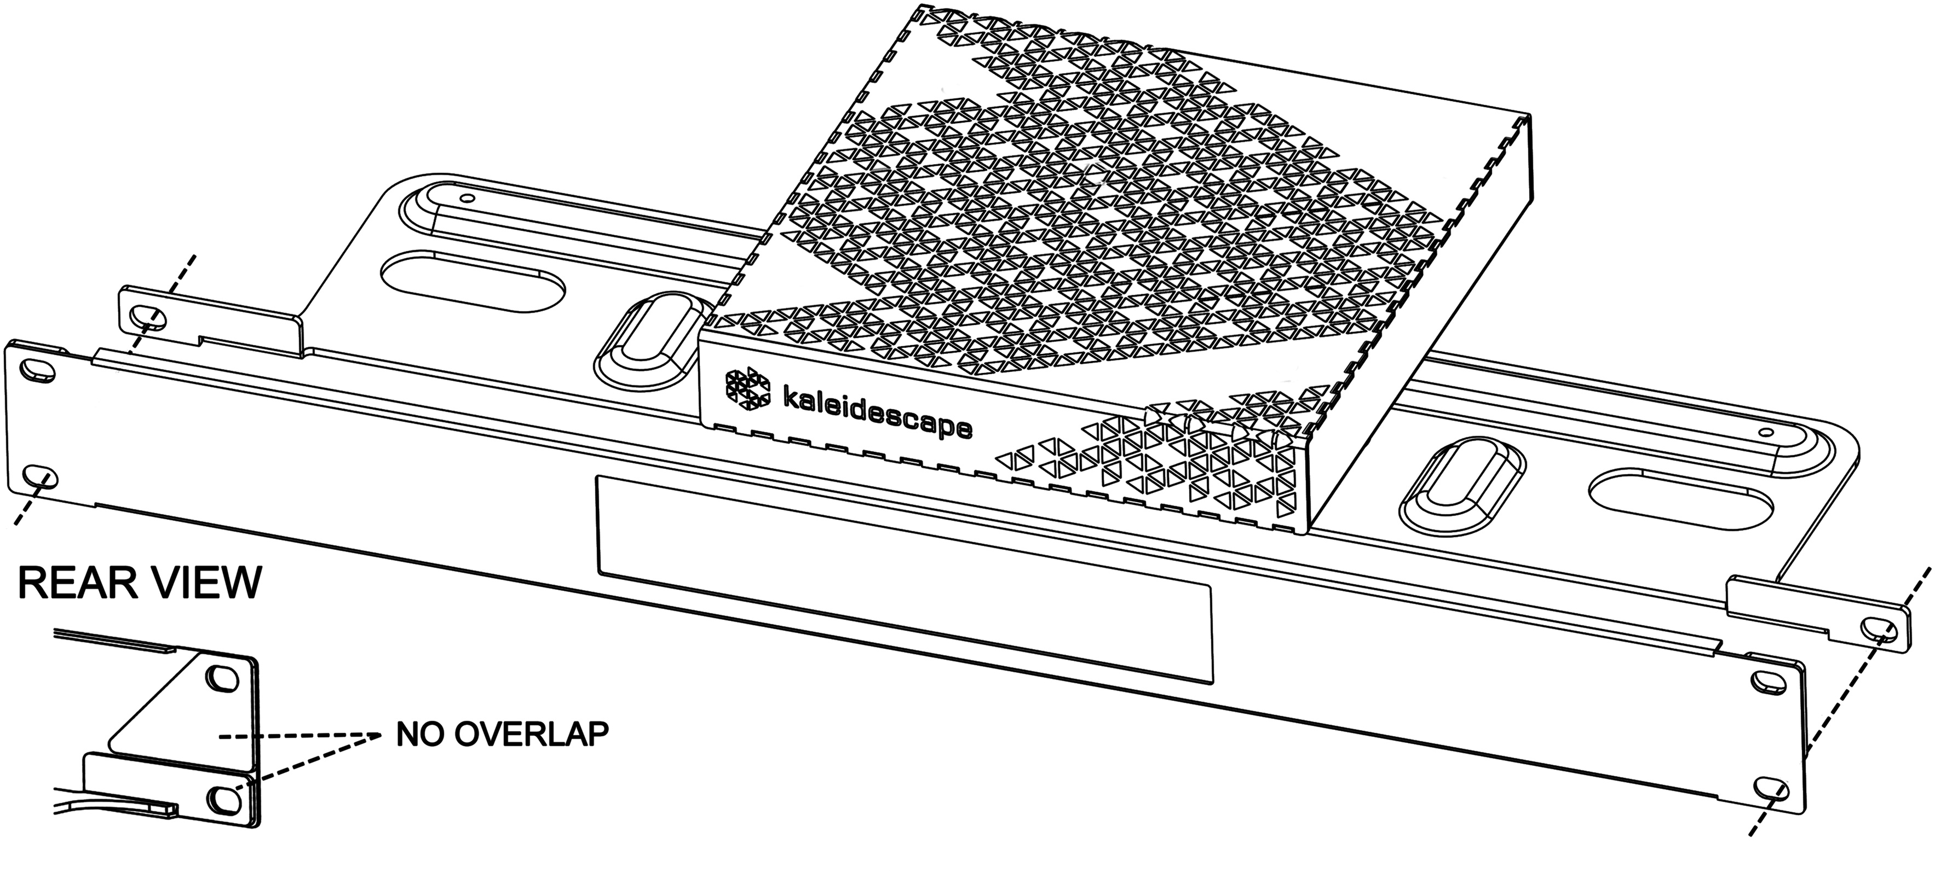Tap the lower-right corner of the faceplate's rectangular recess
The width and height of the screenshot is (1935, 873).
point(1212,684)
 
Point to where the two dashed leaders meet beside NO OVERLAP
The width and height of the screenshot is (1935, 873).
point(376,735)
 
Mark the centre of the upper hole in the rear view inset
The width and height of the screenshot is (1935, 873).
point(222,676)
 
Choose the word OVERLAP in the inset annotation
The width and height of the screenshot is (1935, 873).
point(531,734)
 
